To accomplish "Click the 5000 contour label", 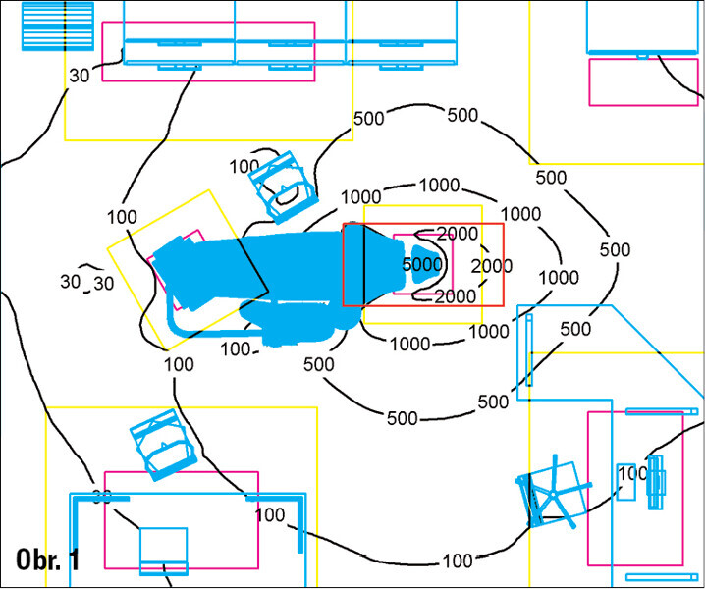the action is [x=422, y=264].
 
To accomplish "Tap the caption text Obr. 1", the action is [x=48, y=560].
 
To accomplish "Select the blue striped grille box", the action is [x=58, y=27].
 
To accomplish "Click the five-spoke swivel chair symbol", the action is [x=553, y=493].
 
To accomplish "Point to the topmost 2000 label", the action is [x=458, y=234].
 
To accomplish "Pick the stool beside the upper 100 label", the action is [x=283, y=187].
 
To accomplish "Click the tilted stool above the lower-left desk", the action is [x=163, y=445].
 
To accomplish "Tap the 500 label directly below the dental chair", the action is [x=319, y=364].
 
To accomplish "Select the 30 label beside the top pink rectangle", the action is [x=80, y=76].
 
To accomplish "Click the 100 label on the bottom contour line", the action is [x=458, y=562].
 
